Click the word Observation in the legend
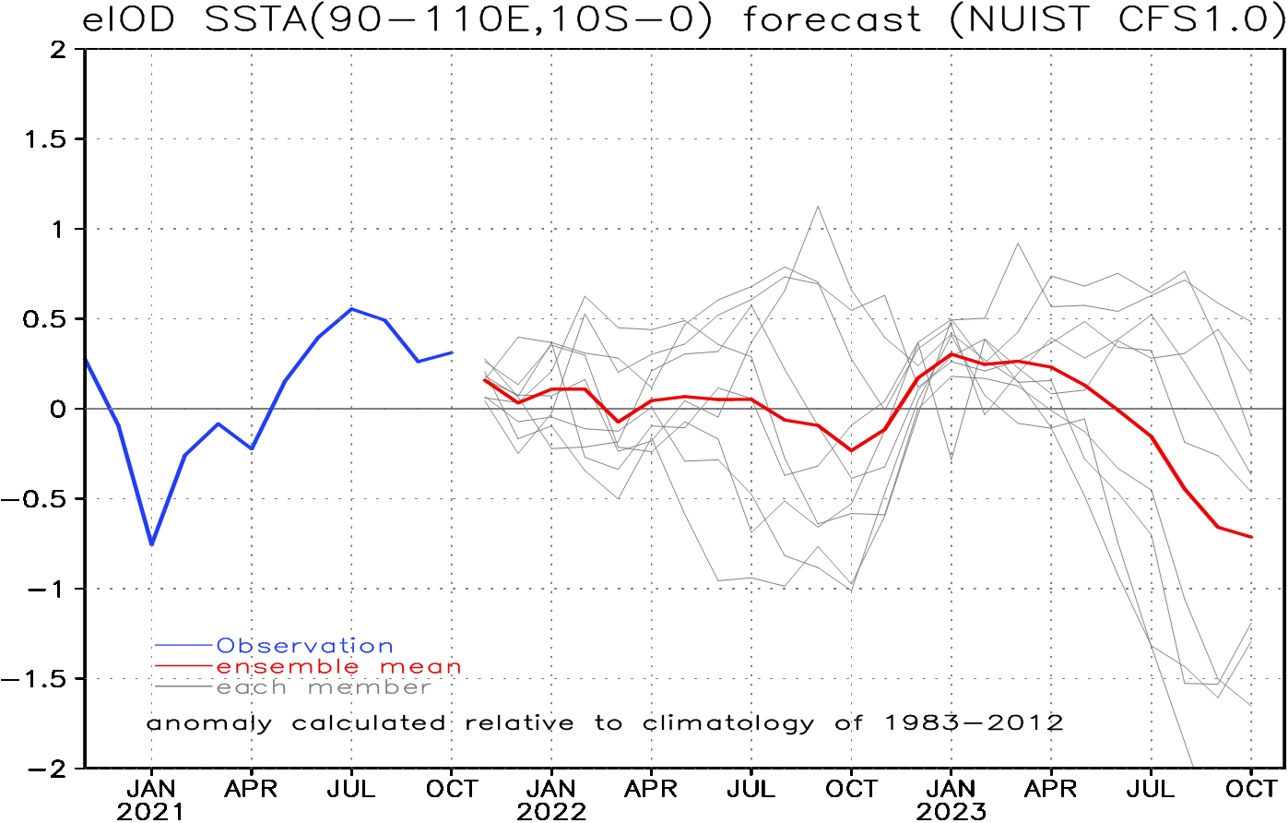point(304,647)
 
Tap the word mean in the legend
point(420,667)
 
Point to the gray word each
point(252,688)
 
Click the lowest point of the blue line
point(151,544)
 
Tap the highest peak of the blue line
point(351,309)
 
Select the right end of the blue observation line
point(452,352)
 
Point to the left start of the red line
point(484,379)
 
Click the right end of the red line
point(1251,537)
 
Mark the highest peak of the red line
point(951,354)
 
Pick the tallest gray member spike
point(818,207)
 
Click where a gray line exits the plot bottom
point(1193,765)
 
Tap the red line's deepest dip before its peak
point(851,450)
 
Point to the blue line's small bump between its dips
point(219,424)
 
